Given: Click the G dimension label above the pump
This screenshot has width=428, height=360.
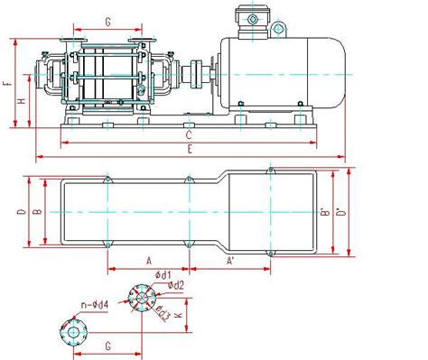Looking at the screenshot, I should [108, 21].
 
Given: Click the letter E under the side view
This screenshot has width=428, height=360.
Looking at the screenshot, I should [188, 151].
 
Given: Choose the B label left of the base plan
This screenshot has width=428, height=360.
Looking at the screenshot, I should [36, 212].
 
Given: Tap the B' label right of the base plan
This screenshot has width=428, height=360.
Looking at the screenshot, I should [323, 215].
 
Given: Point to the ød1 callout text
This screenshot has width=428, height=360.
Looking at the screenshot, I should [163, 274].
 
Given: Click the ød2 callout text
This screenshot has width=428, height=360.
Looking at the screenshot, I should [179, 285].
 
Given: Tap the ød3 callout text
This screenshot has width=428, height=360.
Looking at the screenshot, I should [164, 312].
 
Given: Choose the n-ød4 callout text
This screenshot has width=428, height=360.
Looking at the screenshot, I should [95, 305].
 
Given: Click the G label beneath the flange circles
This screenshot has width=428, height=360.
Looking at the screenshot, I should [107, 345].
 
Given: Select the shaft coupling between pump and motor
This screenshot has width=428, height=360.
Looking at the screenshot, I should [192, 74].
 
